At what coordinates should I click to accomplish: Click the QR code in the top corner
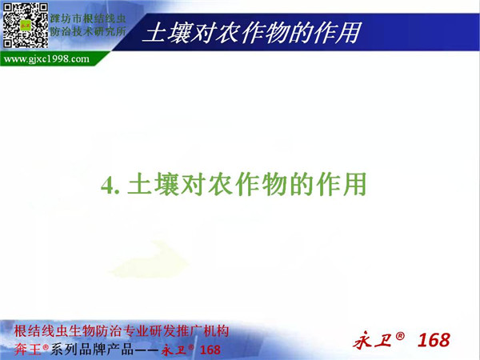[26, 26]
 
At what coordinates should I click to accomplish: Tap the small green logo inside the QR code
[26, 25]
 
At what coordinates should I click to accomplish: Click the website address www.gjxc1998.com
[46, 58]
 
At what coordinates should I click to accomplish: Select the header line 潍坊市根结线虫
[88, 18]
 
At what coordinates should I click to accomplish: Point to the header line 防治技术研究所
[88, 31]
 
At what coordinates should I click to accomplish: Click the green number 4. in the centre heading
[110, 186]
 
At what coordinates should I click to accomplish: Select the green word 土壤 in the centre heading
[154, 184]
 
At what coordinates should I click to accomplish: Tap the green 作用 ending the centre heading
[342, 184]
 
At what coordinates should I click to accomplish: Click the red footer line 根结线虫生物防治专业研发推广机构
[122, 331]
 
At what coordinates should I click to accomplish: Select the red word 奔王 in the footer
[27, 350]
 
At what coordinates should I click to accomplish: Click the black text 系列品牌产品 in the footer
[92, 350]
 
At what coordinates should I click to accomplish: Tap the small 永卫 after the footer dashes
[174, 350]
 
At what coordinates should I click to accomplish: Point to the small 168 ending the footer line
[210, 350]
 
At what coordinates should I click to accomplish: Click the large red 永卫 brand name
[372, 341]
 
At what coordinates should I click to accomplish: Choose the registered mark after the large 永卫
[400, 336]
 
